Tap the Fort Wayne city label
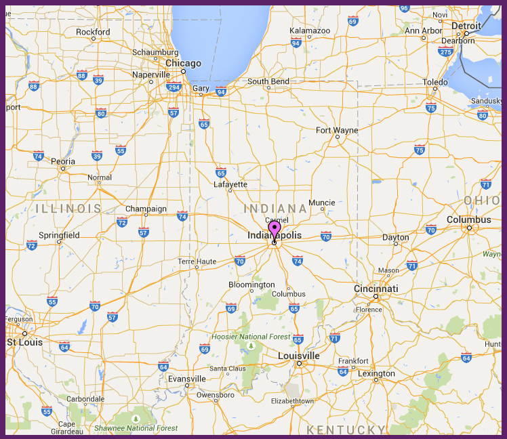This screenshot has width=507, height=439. click(x=337, y=129)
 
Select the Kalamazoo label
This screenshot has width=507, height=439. click(x=310, y=30)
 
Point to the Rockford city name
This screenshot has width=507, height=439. click(x=93, y=32)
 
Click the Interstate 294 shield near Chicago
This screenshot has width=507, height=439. click(x=174, y=87)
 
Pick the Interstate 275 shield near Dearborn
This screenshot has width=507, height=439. click(x=445, y=51)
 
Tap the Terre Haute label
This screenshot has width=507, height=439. click(x=197, y=261)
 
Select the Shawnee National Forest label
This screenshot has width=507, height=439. click(x=136, y=428)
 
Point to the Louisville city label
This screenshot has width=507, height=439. click(x=299, y=355)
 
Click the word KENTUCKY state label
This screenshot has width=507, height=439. click(x=346, y=430)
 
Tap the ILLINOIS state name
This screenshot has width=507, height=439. click(x=68, y=208)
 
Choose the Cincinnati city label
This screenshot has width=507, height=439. click(x=376, y=289)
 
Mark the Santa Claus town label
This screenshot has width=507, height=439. click(x=228, y=369)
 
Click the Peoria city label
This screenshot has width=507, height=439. click(x=63, y=161)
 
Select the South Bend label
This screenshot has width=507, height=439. click(x=268, y=81)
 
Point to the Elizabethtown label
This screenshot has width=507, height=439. click(x=292, y=401)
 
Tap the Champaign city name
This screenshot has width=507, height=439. click(x=146, y=209)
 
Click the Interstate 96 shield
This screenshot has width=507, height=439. click(x=404, y=7)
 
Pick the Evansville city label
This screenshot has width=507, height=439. click(x=187, y=379)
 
